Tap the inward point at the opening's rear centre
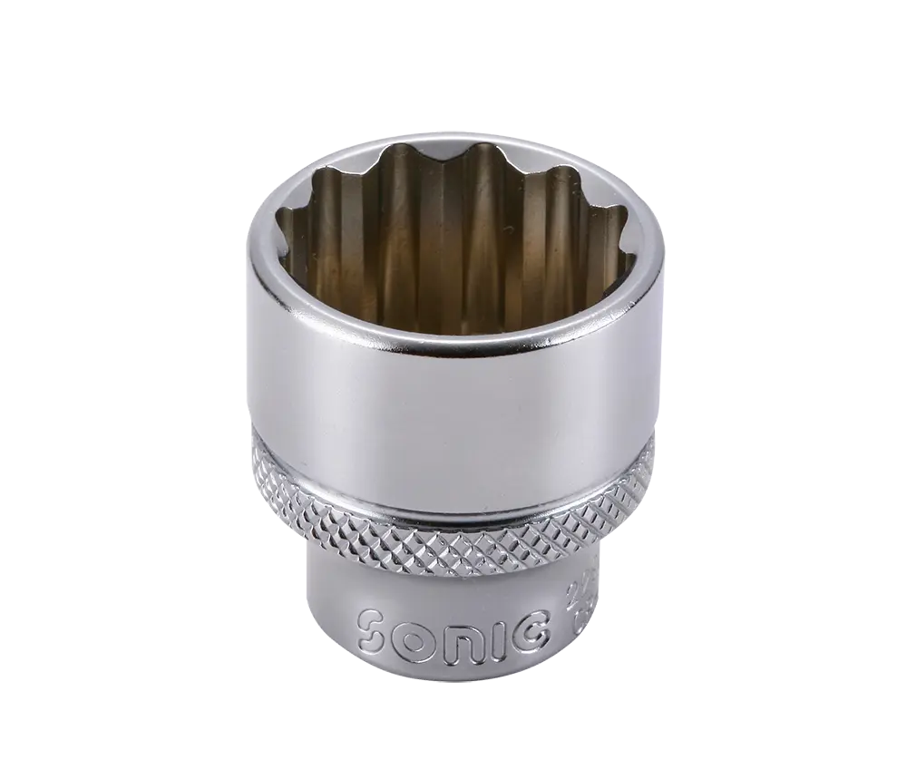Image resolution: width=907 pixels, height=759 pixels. click(453, 172)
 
